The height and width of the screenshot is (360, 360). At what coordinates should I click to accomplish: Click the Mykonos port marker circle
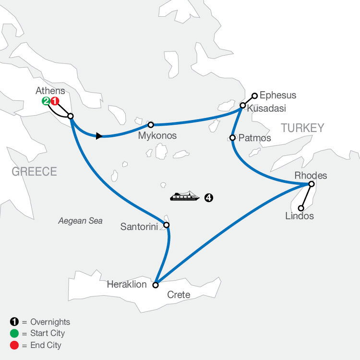[x=151, y=124]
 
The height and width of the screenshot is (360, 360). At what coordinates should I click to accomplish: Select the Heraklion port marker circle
[x=155, y=285]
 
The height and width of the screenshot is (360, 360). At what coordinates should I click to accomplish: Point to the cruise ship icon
[x=185, y=197]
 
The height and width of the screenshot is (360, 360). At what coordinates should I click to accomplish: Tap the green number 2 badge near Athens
[x=46, y=101]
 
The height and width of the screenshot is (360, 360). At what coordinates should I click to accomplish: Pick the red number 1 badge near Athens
[x=55, y=101]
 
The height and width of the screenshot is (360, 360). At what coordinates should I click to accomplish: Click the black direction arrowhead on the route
[x=98, y=136]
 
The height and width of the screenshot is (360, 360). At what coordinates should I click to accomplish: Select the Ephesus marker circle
[x=255, y=95]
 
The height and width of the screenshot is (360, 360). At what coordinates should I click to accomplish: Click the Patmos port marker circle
[x=232, y=138]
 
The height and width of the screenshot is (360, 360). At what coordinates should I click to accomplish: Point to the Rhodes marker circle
[x=311, y=184]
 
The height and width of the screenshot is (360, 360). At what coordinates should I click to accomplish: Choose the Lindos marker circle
[x=301, y=208]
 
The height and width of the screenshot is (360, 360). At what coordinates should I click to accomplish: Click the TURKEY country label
[x=302, y=128]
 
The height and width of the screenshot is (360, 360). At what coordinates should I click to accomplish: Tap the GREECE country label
[x=35, y=171]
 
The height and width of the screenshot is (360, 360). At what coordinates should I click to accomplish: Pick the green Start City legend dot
[x=12, y=334]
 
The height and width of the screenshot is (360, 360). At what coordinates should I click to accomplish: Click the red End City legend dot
[x=12, y=345]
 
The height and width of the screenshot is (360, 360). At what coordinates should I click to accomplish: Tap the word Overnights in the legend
[x=49, y=322]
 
